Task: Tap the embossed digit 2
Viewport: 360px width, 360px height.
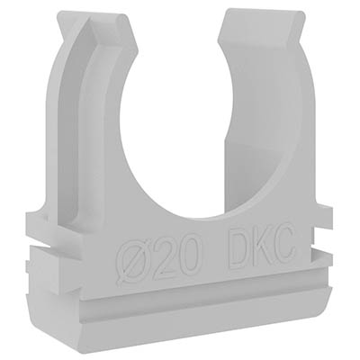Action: (x=164, y=257)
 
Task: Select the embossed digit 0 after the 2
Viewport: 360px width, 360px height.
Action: (x=188, y=254)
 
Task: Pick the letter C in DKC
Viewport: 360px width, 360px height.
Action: (x=284, y=242)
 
